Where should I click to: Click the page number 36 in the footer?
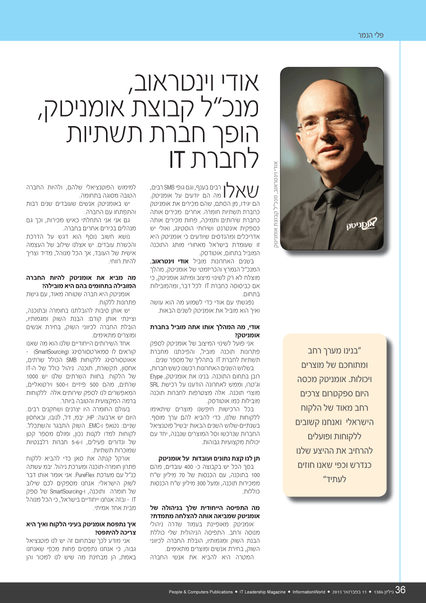point(400,590)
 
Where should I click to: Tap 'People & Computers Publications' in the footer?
point(201,592)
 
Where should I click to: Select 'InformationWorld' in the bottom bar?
point(308,592)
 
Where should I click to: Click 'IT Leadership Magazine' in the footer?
point(263,592)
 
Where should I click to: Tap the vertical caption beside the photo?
point(275,204)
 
